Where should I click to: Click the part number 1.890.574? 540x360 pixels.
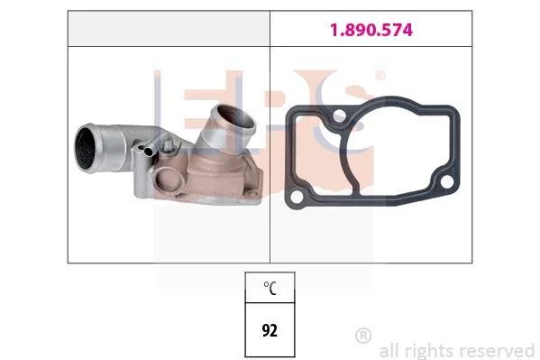pos(371,30)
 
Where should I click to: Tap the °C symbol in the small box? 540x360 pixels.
pos(270,288)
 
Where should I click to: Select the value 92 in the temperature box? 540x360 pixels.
pos(270,330)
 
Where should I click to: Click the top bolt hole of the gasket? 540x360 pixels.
pos(339,115)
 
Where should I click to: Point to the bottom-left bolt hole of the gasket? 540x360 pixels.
pos(297,198)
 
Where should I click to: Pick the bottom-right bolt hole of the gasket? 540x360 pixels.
pos(446,181)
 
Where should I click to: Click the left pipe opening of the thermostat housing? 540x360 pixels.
pos(85,148)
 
